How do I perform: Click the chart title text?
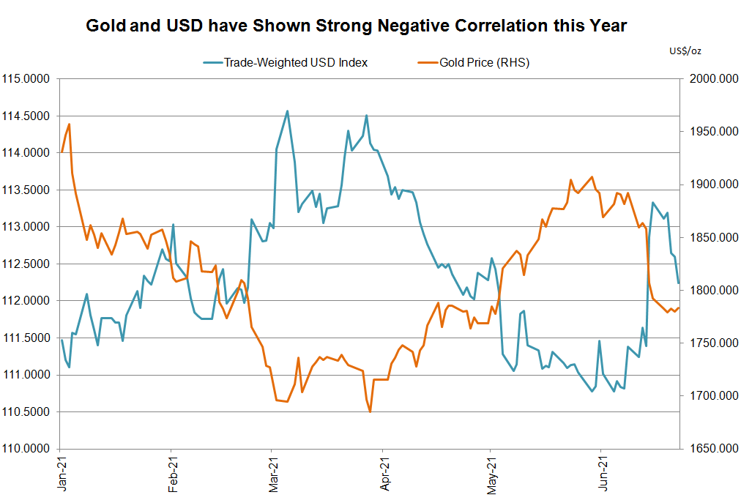click(357, 26)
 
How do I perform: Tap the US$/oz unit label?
click(685, 51)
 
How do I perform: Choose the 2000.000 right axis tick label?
click(709, 79)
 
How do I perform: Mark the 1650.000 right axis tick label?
click(709, 449)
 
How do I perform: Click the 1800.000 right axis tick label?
click(709, 291)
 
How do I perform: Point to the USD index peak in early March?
click(287, 111)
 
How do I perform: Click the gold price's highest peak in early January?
click(69, 124)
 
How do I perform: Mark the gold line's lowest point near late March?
click(370, 411)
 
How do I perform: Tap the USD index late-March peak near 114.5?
click(366, 116)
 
